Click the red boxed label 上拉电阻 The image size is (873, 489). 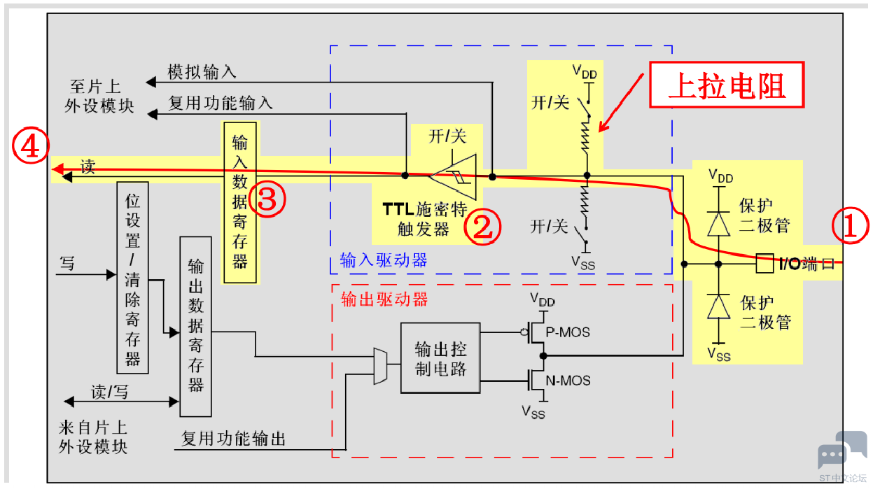point(727,85)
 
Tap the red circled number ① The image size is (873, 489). point(851,226)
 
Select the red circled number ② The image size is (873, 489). point(482,227)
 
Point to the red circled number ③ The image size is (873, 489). point(267,199)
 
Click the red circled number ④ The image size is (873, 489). point(31,146)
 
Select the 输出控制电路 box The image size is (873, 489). point(440,357)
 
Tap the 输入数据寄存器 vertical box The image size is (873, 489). point(240,202)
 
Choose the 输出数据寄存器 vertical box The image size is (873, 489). point(195,326)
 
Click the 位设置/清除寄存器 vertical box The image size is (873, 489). point(132,278)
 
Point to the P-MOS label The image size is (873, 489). point(568,332)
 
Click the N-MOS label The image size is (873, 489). point(568,381)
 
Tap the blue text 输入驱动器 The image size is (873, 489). point(384,260)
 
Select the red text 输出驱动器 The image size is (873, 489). point(384,299)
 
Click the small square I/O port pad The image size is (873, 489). point(764,263)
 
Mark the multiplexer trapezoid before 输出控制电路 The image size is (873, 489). point(380,366)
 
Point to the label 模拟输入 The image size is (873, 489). point(202,73)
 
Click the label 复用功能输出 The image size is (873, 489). point(233,439)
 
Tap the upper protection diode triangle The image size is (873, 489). point(719,224)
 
